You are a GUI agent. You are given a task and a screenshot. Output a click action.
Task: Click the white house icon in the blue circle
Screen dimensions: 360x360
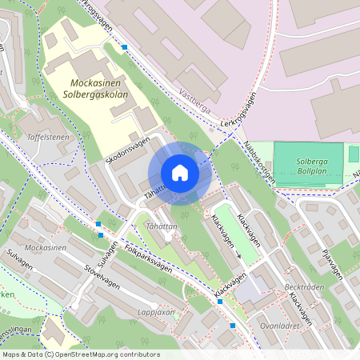coord(180,173)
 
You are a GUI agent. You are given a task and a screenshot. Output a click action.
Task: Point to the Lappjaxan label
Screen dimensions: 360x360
coord(156,313)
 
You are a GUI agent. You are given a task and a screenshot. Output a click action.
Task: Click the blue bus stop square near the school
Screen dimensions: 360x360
coord(124,47)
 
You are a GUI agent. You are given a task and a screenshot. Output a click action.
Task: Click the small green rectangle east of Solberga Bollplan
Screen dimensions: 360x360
coord(354,154)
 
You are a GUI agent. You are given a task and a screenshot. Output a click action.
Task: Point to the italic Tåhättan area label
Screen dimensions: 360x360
coord(162,226)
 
